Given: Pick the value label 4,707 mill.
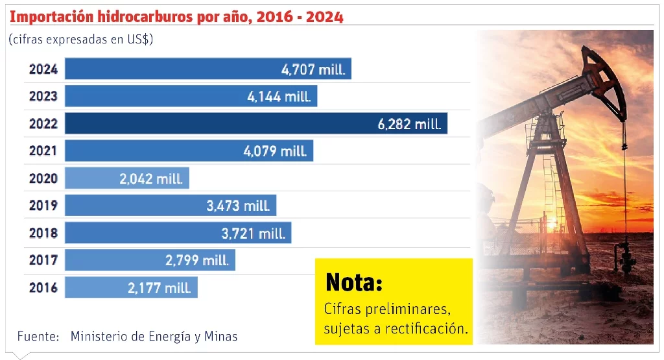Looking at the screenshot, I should [x=313, y=69].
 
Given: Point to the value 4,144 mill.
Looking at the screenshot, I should [x=279, y=97].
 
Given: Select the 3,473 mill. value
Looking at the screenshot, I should [x=238, y=206].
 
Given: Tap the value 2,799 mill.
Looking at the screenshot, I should [x=197, y=261].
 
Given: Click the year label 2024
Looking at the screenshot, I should [x=43, y=69].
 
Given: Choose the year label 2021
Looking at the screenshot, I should [x=43, y=151].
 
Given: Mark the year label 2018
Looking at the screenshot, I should [x=43, y=234].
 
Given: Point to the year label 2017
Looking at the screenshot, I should [x=43, y=261].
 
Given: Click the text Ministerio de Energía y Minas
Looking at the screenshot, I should [x=154, y=337].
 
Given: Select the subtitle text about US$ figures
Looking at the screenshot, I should [x=80, y=40].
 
